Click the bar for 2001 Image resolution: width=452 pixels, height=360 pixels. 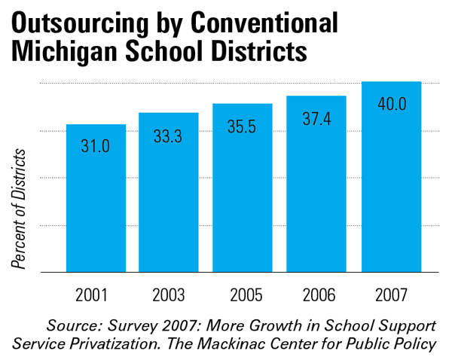[x=96, y=198]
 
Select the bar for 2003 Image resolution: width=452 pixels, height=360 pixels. [x=169, y=192]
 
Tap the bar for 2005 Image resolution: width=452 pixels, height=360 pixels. [x=243, y=188]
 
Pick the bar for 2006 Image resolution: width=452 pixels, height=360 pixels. [x=316, y=184]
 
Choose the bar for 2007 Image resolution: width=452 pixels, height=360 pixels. [x=391, y=177]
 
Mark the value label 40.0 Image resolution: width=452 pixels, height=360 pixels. [x=391, y=104]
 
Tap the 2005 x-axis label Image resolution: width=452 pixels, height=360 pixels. [x=243, y=293]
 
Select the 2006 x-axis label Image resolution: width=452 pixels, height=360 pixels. [x=316, y=293]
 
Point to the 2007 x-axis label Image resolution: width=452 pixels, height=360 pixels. [x=391, y=293]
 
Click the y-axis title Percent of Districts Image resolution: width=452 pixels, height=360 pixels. [x=20, y=209]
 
